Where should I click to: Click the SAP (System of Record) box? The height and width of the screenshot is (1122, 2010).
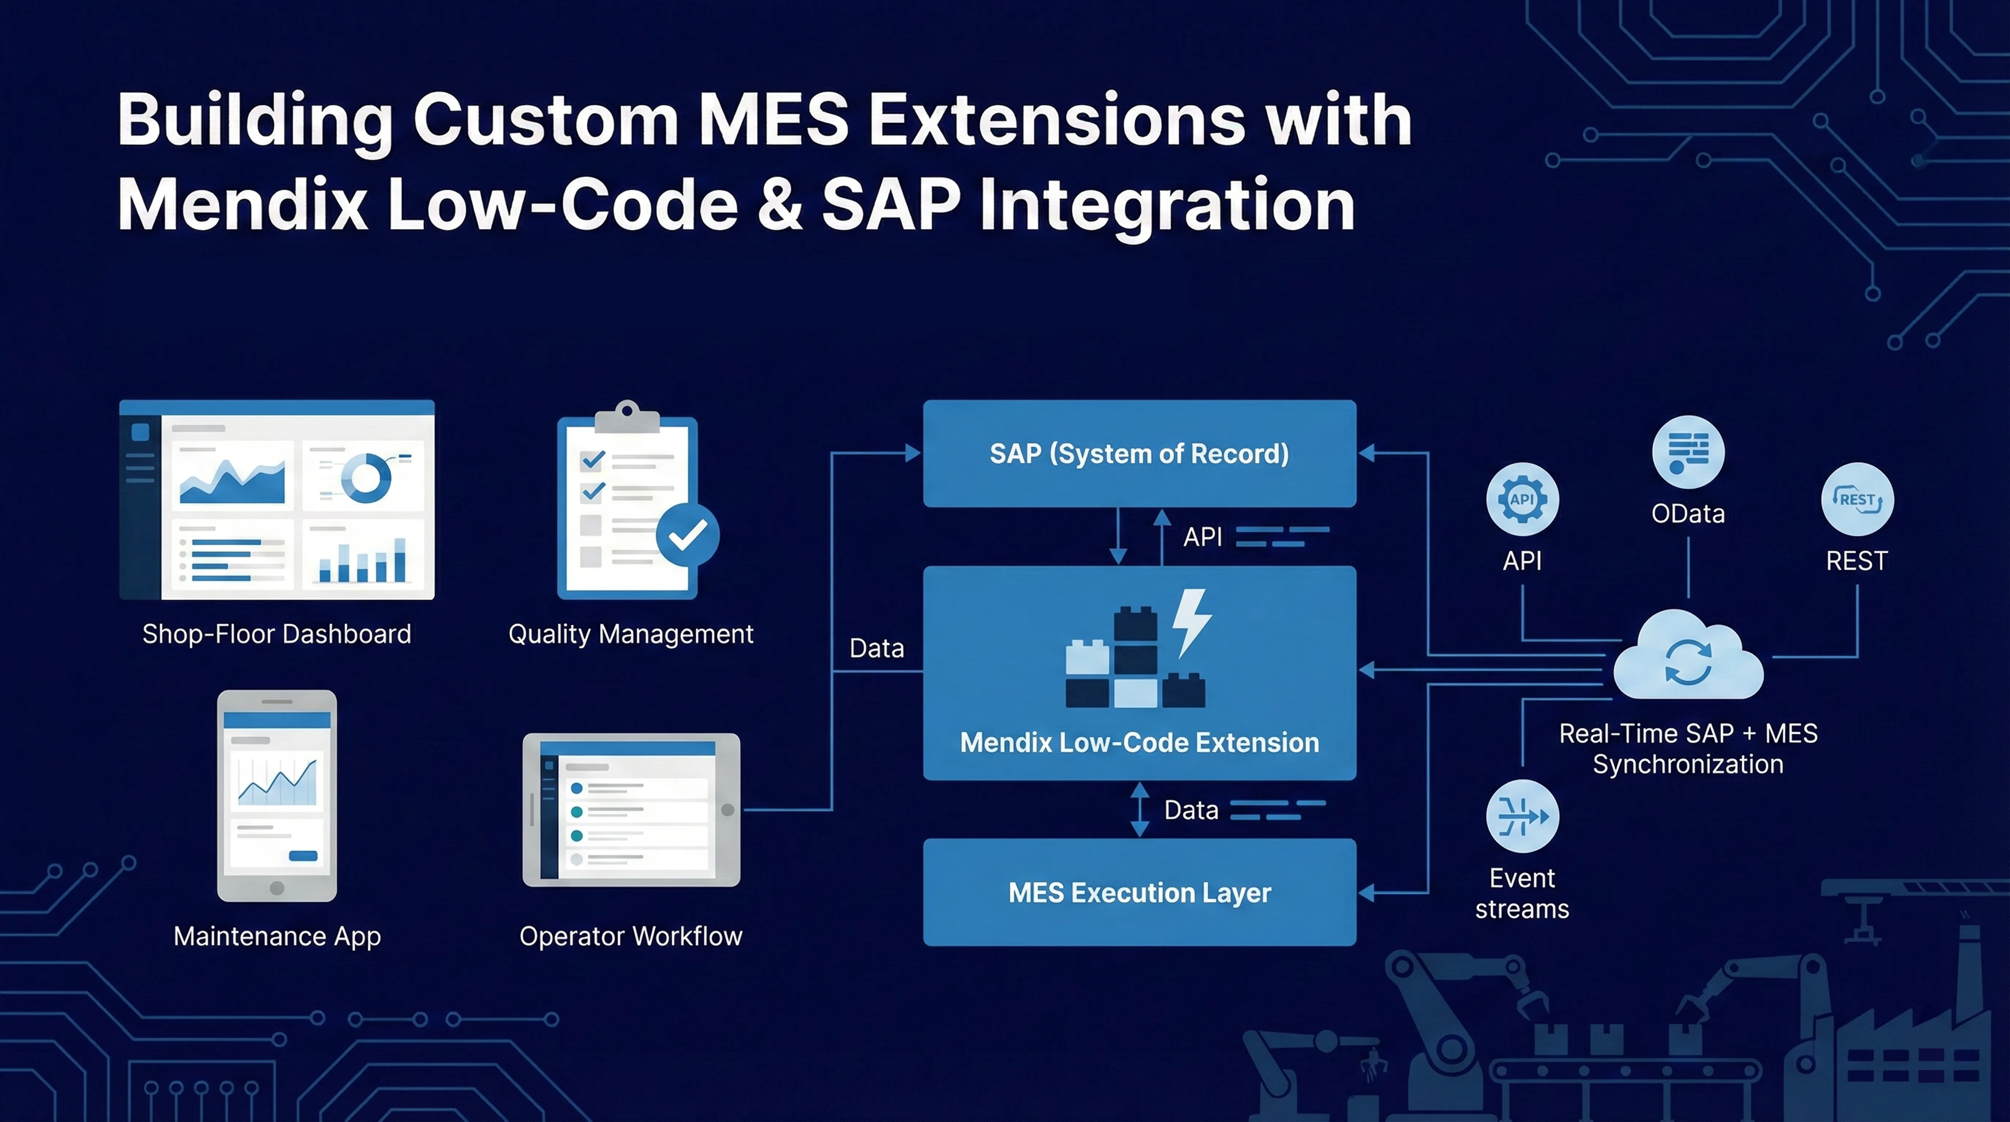tap(1139, 453)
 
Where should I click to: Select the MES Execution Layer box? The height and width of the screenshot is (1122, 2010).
tap(1139, 892)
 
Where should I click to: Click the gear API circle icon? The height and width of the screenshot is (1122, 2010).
tap(1522, 499)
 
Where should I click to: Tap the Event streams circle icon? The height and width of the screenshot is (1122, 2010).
tap(1522, 816)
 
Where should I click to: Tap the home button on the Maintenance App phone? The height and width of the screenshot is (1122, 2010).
tap(277, 888)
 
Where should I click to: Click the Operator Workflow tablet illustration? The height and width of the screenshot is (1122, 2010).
tap(630, 810)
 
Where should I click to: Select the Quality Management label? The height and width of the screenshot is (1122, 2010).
tap(630, 634)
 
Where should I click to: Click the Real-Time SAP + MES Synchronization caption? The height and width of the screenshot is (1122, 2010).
tap(1688, 748)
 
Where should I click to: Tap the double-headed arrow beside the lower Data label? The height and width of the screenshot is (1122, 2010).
tap(1140, 810)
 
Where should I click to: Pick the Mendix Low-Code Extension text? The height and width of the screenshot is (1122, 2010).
tap(1139, 742)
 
